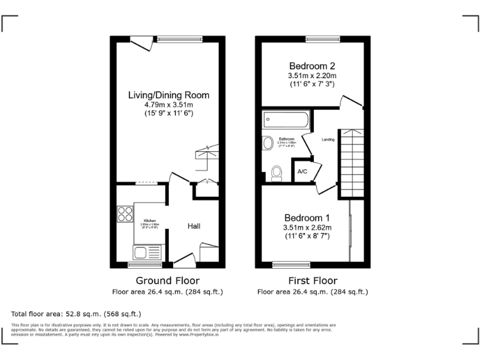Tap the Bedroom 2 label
coord(312,66)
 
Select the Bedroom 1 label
coord(307,217)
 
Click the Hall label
coord(194,226)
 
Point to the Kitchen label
coord(150,221)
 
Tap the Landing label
coord(327,139)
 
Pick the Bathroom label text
coord(286,139)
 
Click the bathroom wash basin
coord(268,143)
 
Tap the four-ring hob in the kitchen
coord(124,214)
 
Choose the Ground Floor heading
coord(167,281)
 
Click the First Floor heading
coord(312,281)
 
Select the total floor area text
coord(76,314)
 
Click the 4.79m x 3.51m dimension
coord(168,105)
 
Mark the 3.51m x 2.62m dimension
coord(307,227)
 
